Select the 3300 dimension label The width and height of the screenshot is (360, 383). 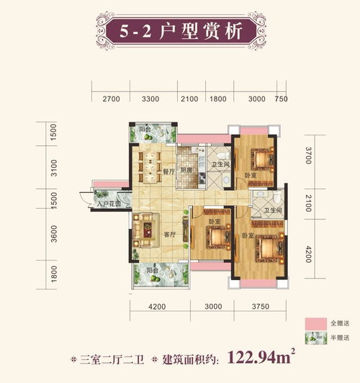150,99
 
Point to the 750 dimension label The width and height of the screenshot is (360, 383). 282,99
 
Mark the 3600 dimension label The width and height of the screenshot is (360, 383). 53,235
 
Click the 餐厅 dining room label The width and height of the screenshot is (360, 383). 168,171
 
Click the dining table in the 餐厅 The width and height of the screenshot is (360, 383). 150,166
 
